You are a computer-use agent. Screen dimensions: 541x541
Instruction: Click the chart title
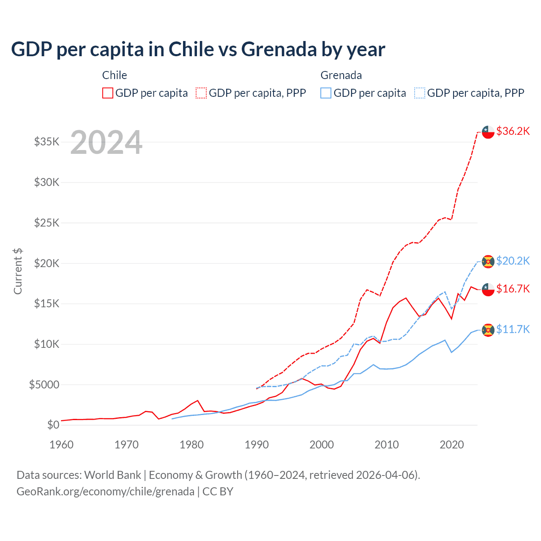tap(198, 49)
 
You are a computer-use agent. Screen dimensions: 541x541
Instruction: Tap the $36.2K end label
tap(513, 131)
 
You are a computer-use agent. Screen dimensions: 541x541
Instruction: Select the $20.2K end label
tap(513, 261)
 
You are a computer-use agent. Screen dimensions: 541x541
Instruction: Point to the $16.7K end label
tap(513, 289)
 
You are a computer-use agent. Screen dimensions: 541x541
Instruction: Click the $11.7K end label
tap(513, 329)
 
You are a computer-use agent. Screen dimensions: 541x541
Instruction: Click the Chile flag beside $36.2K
tap(488, 132)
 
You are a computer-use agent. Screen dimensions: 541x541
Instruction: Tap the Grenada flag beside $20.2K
tap(488, 261)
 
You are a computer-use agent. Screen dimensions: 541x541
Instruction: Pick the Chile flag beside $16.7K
tap(488, 290)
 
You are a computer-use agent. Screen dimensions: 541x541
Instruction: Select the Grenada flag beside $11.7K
tap(488, 330)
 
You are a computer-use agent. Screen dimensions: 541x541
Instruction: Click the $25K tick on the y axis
tap(47, 223)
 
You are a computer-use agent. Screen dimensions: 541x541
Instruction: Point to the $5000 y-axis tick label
tap(44, 385)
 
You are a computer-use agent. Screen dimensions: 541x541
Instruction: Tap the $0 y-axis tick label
tap(53, 425)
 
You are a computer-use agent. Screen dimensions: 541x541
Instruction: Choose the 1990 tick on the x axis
tap(257, 445)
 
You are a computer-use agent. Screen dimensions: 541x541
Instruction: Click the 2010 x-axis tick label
tap(387, 445)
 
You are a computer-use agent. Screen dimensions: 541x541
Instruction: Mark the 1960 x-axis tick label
tap(62, 445)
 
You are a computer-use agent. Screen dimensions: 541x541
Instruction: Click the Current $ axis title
tap(18, 271)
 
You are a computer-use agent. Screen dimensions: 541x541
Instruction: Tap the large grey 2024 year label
tap(106, 142)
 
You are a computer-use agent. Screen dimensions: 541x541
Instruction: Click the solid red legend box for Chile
tap(108, 93)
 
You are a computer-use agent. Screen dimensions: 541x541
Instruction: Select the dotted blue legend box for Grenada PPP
tap(420, 93)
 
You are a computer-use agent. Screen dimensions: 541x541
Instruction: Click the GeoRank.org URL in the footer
tap(105, 492)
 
